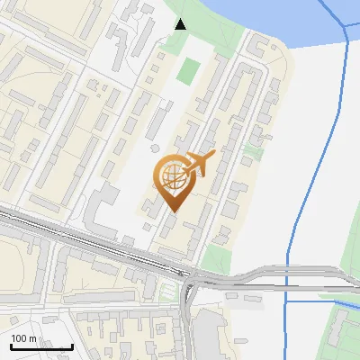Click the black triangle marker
point(180,24)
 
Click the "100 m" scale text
point(24,338)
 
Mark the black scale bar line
point(41,346)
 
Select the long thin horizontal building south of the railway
point(99,296)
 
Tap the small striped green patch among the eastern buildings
point(254,153)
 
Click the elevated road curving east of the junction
point(261,273)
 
